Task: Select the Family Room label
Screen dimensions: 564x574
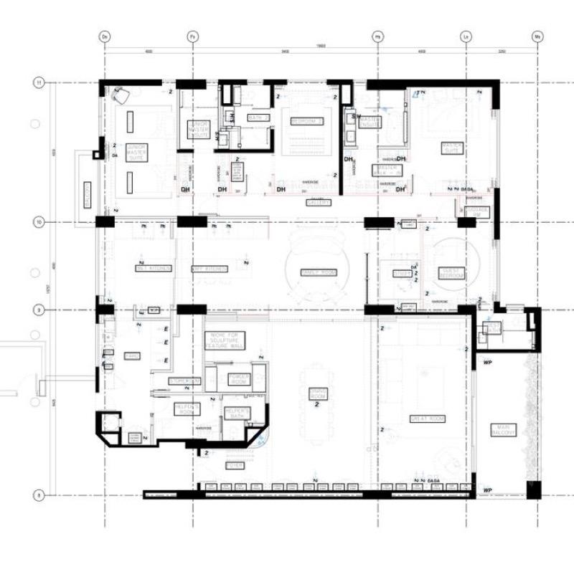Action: click(x=318, y=273)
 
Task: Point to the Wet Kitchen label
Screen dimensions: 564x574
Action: click(x=154, y=268)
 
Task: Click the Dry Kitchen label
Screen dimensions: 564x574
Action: click(x=210, y=269)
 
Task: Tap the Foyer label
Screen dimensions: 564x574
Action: click(x=235, y=466)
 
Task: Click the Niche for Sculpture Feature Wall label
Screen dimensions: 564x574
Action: click(x=225, y=340)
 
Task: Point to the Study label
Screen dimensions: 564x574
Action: click(x=400, y=274)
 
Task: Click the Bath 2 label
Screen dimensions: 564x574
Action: click(x=258, y=117)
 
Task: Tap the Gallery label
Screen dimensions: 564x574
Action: click(x=319, y=203)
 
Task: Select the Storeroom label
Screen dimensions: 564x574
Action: click(x=184, y=381)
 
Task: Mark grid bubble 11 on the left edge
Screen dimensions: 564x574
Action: click(x=39, y=83)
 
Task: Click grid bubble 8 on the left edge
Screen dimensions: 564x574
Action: click(x=39, y=494)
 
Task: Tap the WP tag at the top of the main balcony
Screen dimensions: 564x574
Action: click(x=487, y=363)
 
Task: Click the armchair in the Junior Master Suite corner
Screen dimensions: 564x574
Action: click(x=121, y=93)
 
